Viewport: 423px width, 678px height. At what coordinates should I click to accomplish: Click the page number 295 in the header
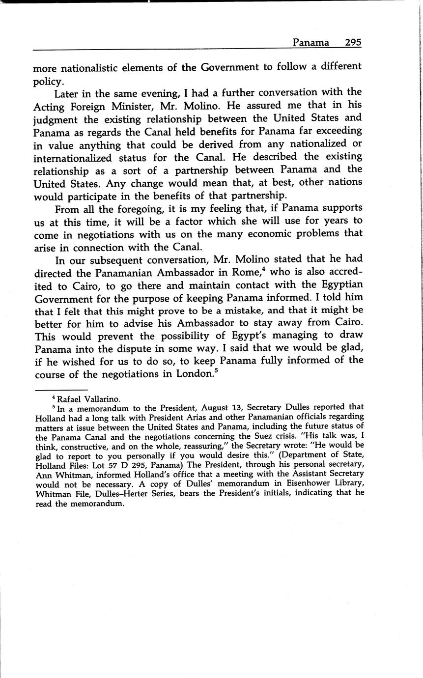click(353, 42)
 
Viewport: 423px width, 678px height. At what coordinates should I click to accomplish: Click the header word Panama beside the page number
click(310, 42)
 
